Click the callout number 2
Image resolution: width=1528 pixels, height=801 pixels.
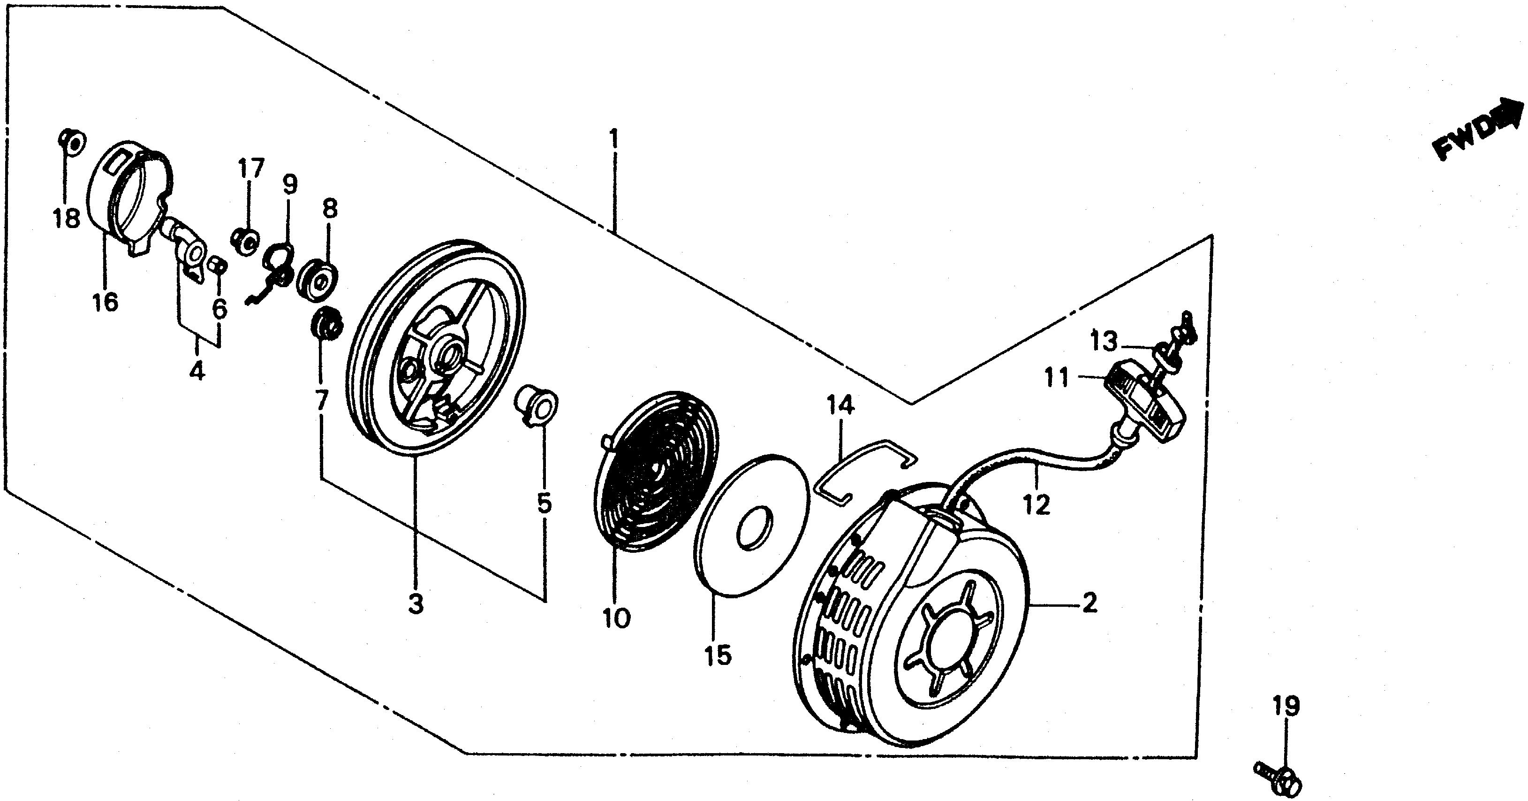tap(1089, 603)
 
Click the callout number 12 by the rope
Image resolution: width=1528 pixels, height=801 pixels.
tap(1036, 505)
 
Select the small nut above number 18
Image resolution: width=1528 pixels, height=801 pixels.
tap(72, 141)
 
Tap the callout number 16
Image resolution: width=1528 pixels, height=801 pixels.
tap(105, 302)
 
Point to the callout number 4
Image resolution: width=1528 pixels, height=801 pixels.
tap(197, 372)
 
